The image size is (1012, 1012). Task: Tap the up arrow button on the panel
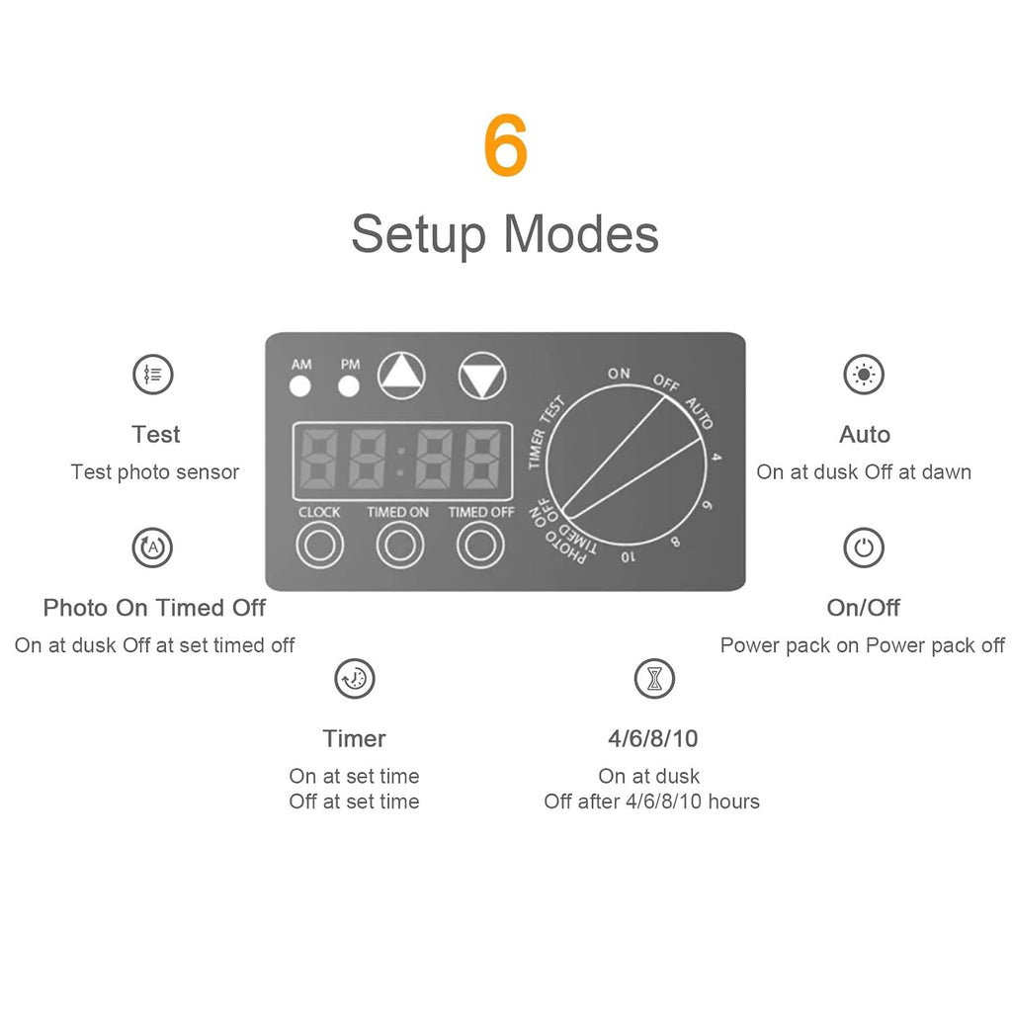click(x=401, y=376)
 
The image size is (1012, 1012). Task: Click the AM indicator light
click(x=300, y=386)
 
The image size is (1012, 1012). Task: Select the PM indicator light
click(x=349, y=386)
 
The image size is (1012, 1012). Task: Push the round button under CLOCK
click(x=319, y=546)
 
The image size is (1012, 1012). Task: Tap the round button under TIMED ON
click(x=400, y=546)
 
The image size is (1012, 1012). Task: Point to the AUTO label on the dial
click(x=699, y=413)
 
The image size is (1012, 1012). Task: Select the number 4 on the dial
click(x=716, y=457)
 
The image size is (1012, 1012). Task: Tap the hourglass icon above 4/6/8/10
click(x=654, y=678)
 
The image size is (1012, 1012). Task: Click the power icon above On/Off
click(x=864, y=548)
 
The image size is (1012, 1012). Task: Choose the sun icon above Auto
click(x=864, y=375)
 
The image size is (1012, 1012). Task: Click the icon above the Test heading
click(x=153, y=375)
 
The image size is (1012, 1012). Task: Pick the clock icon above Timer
click(x=355, y=678)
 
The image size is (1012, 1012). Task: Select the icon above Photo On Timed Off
click(x=152, y=548)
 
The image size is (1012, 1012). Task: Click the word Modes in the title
click(x=581, y=233)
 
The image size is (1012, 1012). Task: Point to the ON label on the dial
click(x=619, y=373)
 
